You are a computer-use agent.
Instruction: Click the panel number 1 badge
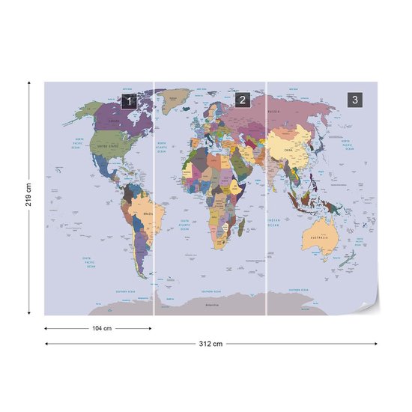[129, 100]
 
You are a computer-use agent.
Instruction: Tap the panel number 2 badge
[241, 100]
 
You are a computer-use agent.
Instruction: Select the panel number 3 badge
[354, 100]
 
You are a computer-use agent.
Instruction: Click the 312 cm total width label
[212, 344]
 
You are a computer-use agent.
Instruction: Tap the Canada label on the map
[114, 120]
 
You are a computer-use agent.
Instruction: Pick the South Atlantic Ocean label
[184, 224]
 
